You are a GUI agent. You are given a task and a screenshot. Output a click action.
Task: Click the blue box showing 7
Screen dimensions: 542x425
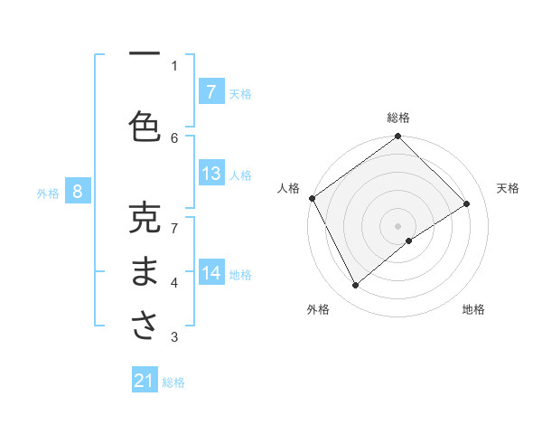[x=210, y=91]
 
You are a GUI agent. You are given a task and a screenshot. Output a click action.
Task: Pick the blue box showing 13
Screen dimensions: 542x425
[x=210, y=174]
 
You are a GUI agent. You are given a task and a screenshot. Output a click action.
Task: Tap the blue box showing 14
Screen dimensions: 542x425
[x=210, y=273]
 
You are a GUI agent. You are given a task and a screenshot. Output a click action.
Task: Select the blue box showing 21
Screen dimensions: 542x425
[x=145, y=381]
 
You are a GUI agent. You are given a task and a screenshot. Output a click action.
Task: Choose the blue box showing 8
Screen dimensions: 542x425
[x=78, y=191]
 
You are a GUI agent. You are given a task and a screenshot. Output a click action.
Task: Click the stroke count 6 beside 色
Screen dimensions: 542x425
[x=174, y=137]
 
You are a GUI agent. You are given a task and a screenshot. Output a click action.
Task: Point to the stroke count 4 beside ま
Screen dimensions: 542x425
[x=174, y=283]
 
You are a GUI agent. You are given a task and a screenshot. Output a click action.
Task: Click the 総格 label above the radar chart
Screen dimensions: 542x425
[x=398, y=118]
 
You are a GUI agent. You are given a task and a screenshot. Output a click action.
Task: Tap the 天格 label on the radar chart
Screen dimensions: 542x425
[x=508, y=188]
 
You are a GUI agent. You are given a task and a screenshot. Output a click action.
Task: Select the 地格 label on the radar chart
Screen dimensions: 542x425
[x=473, y=309]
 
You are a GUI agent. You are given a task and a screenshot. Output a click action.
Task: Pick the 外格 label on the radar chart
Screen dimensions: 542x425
[x=318, y=309]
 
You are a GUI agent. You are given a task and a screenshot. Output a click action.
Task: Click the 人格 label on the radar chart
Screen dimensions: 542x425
[x=288, y=188]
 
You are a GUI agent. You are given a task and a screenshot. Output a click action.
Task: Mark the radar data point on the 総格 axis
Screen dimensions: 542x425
[x=398, y=137]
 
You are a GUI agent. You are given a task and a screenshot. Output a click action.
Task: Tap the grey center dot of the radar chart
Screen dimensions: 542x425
[x=398, y=225]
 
